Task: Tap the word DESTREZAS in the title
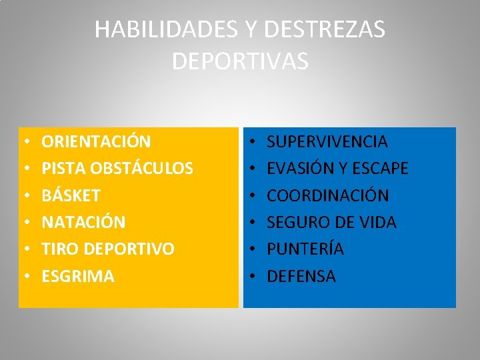[325, 30]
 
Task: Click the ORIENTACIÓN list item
[96, 142]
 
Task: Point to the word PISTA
[61, 169]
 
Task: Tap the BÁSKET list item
[71, 196]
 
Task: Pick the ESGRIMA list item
[78, 276]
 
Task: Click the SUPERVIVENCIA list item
[327, 142]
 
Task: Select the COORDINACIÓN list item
[328, 196]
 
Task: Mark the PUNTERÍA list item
[305, 249]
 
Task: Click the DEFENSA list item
[301, 276]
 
